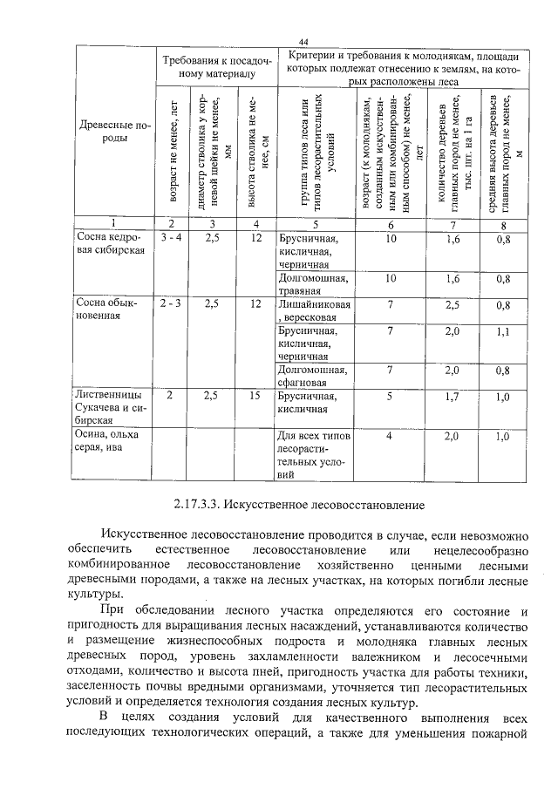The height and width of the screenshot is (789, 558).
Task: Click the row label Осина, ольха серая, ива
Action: (x=108, y=440)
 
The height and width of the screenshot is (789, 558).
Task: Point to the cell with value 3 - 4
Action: (x=171, y=237)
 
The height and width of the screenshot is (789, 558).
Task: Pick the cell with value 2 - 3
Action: (x=171, y=303)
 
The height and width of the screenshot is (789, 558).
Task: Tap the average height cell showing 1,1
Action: (x=502, y=331)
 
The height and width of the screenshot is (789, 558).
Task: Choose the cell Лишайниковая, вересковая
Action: (x=315, y=310)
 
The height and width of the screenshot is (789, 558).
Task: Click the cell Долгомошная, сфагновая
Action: (x=314, y=376)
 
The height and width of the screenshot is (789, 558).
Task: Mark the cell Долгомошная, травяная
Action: (x=314, y=284)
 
